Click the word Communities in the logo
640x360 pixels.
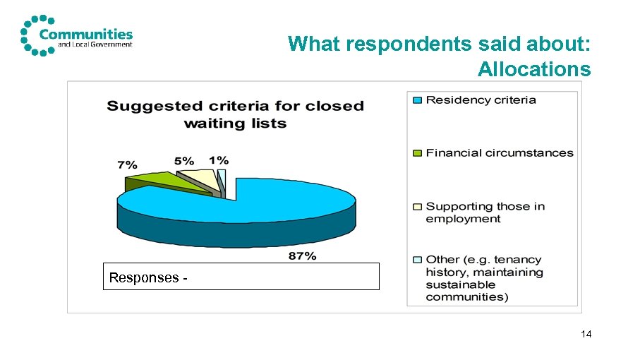86,33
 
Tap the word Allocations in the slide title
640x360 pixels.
533,69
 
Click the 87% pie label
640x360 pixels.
302,256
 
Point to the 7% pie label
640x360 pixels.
127,164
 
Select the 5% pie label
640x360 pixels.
183,160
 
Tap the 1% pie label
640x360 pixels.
218,160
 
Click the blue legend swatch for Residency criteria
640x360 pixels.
417,100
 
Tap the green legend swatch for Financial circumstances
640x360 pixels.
417,153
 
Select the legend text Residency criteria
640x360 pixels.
481,100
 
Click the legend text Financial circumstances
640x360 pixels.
499,152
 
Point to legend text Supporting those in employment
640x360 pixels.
485,212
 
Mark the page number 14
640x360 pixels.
586,334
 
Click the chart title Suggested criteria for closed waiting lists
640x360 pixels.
235,114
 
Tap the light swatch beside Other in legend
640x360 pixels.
417,260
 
